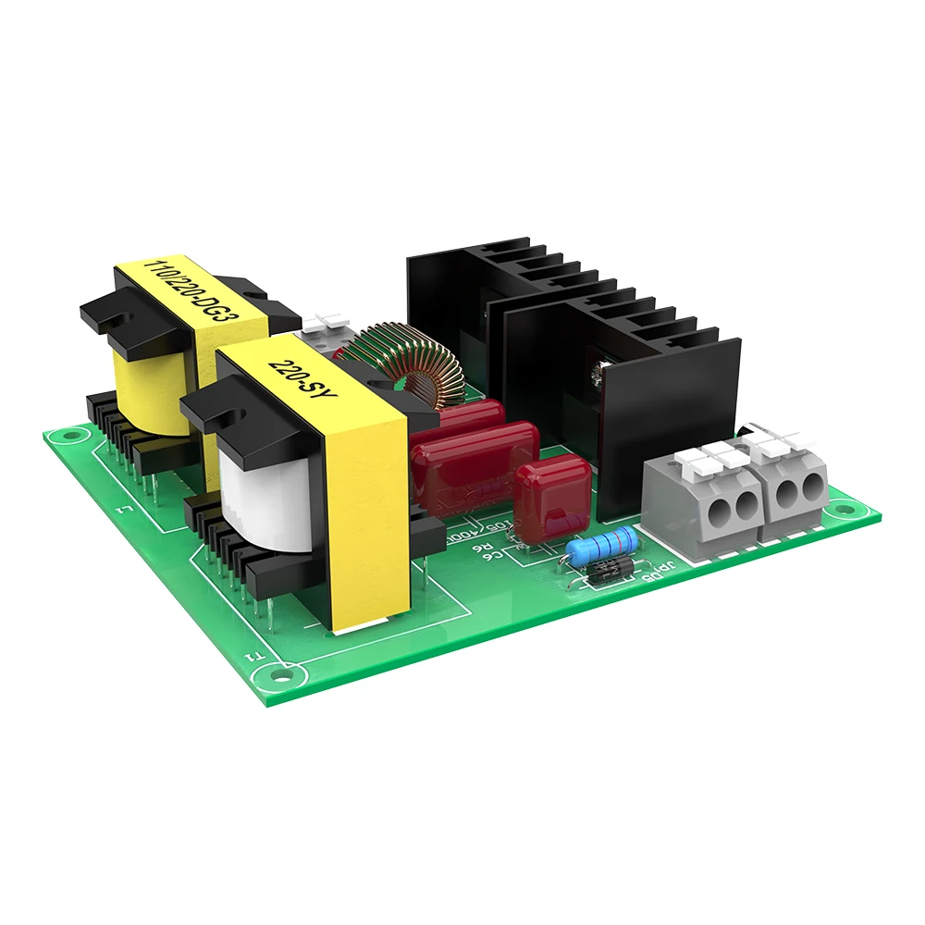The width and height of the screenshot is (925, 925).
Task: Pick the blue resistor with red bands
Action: tap(601, 547)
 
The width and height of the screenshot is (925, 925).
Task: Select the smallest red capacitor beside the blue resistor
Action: tap(552, 499)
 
